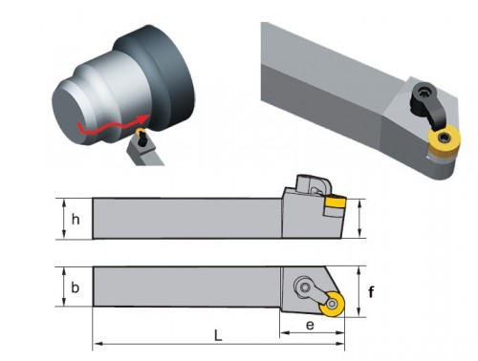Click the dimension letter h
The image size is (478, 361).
(76, 219)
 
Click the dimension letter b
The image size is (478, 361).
(75, 287)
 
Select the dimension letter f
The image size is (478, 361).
(371, 291)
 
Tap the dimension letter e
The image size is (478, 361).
(310, 326)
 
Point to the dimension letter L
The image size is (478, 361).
(218, 335)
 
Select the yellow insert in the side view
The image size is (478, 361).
(336, 202)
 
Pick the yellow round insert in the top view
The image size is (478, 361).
(332, 305)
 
